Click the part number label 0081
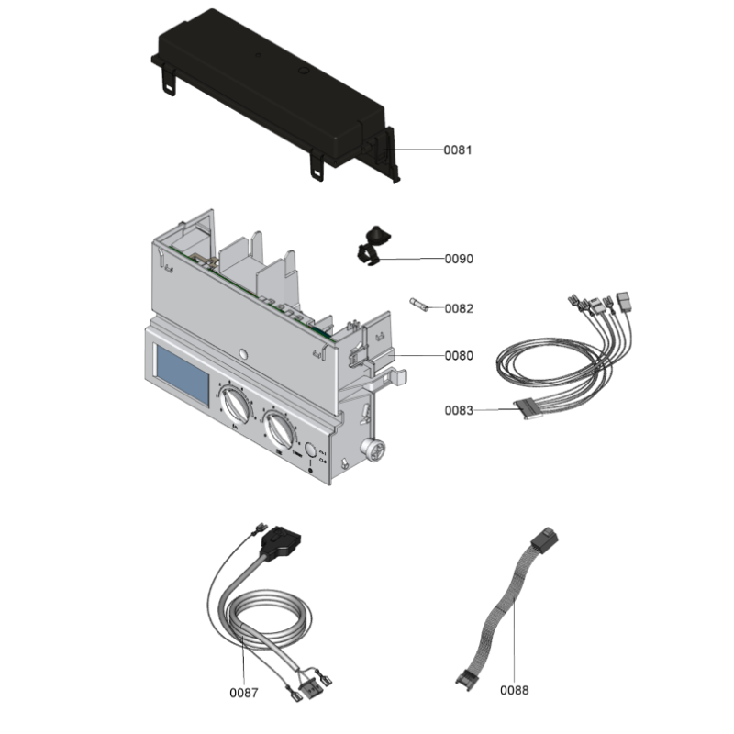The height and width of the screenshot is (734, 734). tap(458, 150)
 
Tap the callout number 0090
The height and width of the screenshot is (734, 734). tap(459, 260)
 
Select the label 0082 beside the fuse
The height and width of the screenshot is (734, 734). tap(459, 309)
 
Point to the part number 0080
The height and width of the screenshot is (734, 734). tap(459, 356)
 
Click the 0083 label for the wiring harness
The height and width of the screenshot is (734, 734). tap(459, 411)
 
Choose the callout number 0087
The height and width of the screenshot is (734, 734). tap(244, 690)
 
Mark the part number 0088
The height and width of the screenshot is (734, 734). tap(515, 690)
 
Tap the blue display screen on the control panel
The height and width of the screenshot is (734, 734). tap(183, 376)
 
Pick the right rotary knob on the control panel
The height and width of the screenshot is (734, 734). tap(280, 428)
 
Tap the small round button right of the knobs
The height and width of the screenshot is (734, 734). tap(312, 450)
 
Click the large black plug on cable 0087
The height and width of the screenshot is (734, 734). tap(281, 547)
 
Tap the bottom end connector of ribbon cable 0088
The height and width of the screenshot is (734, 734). tap(466, 680)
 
